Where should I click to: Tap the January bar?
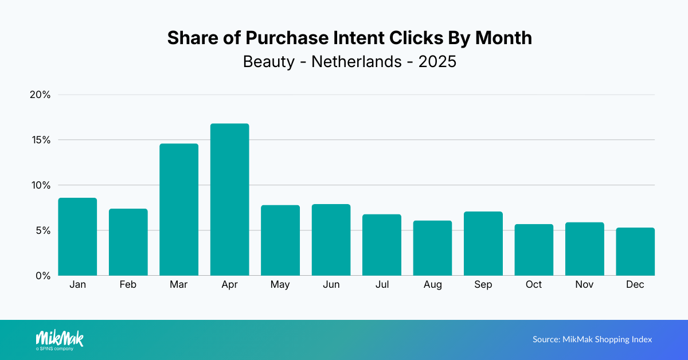pos(77,237)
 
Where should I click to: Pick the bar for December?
pos(635,252)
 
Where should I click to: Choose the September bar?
pos(483,244)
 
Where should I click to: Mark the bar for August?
pos(432,248)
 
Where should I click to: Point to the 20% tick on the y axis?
pos(40,95)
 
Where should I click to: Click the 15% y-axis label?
pos(41,140)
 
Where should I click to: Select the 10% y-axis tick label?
pos(41,185)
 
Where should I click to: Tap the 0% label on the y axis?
pos(44,276)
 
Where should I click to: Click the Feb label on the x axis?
pos(128,285)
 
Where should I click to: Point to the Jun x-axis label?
pos(331,285)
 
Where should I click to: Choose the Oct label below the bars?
pos(534,285)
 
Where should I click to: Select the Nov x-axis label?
pos(584,285)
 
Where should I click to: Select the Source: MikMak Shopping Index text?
pos(592,339)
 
